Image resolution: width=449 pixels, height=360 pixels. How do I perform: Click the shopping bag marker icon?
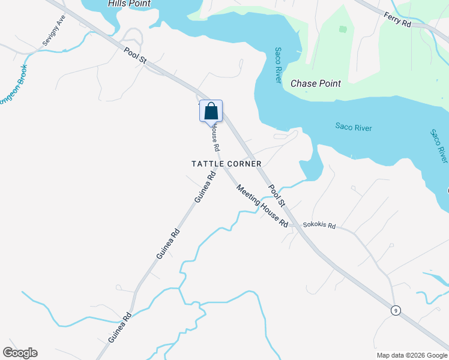[x=211, y=112]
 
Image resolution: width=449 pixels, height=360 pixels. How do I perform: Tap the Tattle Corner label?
[x=226, y=164]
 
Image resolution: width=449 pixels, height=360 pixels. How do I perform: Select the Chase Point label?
[x=316, y=84]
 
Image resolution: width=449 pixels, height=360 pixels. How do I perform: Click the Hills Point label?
[x=129, y=4]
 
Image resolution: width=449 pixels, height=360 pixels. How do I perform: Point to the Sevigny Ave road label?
[x=53, y=31]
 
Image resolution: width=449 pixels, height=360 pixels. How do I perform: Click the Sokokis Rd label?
[x=319, y=226]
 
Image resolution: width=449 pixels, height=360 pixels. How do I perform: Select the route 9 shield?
[x=395, y=310]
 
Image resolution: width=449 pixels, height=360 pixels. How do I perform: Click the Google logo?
[x=20, y=353]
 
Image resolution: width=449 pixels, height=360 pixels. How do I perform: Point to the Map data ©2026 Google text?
[x=412, y=355]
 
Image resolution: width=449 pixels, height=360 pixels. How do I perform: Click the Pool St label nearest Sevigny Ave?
[x=136, y=56]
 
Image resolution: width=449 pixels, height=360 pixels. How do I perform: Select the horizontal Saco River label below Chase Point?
[x=354, y=127]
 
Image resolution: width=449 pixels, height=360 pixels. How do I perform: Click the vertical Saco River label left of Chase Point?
[x=279, y=65]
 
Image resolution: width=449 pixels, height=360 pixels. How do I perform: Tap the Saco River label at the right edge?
[x=439, y=145]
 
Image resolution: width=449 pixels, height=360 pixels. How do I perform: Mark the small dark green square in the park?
[x=343, y=29]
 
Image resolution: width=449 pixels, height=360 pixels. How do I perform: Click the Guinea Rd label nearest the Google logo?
[x=119, y=327]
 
